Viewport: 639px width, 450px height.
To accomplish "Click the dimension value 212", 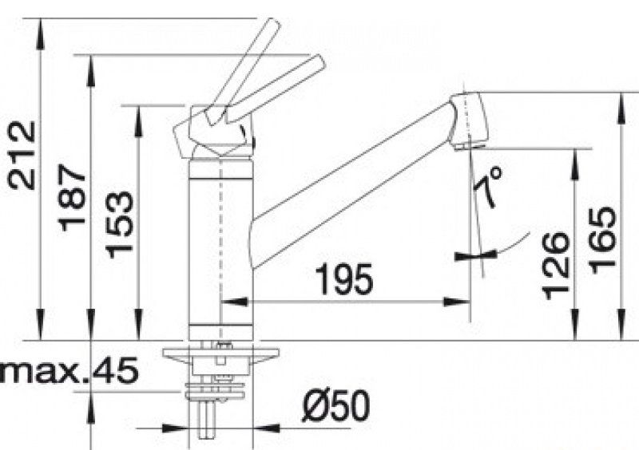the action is click(x=22, y=156).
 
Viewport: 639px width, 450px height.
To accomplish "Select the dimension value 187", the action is click(x=72, y=198).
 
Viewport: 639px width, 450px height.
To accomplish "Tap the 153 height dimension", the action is click(x=119, y=225).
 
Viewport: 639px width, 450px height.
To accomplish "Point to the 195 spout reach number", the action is click(x=344, y=279).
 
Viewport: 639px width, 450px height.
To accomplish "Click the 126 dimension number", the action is click(x=554, y=266).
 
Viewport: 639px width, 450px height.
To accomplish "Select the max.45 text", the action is click(x=69, y=370).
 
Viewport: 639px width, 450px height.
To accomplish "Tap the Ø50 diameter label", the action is click(x=335, y=405).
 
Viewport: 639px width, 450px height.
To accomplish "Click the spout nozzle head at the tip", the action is click(x=468, y=120).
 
